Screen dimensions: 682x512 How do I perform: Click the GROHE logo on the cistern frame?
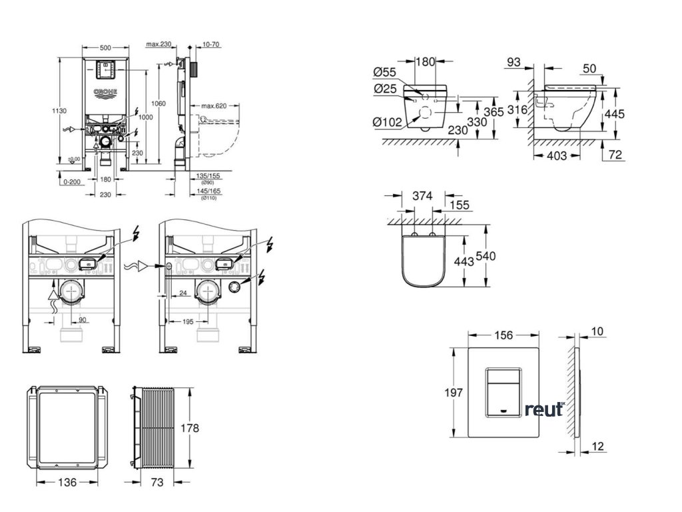pyautogui.click(x=105, y=91)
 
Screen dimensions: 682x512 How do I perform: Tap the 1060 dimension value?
pyautogui.click(x=159, y=103)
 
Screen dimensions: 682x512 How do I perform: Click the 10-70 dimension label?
pyautogui.click(x=211, y=45)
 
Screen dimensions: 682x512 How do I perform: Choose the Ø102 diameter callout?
pyautogui.click(x=388, y=121)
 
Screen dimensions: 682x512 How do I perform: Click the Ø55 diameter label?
pyautogui.click(x=386, y=72)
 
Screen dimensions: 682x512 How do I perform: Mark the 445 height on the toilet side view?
pyautogui.click(x=615, y=114)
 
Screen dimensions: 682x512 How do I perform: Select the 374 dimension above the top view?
pyautogui.click(x=422, y=195)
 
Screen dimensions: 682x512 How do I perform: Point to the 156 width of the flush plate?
pyautogui.click(x=506, y=335)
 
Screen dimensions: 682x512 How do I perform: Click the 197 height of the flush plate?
pyautogui.click(x=454, y=393)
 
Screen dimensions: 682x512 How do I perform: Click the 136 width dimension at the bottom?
pyautogui.click(x=65, y=481)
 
